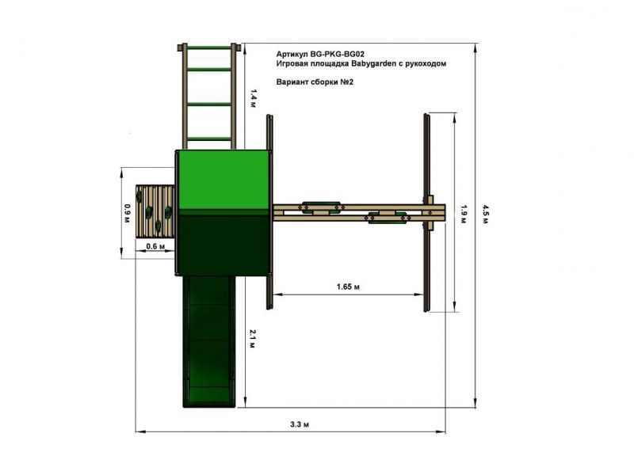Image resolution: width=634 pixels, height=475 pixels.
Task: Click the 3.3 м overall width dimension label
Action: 300,424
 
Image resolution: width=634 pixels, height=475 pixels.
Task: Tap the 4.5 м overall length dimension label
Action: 485,214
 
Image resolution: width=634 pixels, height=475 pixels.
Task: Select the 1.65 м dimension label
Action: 348,287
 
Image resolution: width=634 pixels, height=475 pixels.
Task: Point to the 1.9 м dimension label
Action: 464,214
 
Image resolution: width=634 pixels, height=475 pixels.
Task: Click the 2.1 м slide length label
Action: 252,339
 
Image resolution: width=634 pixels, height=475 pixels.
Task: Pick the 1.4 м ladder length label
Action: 253,98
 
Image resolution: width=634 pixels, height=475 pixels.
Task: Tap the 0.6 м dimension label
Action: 155,246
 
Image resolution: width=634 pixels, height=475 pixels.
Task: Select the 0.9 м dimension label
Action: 128,214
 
